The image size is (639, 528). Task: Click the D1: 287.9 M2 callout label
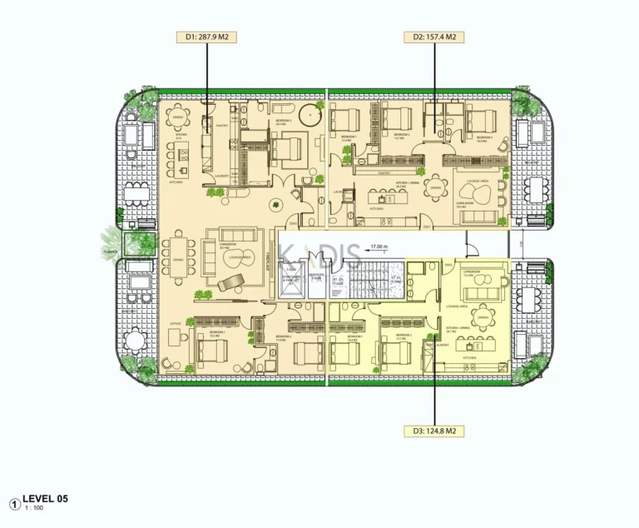coord(206,37)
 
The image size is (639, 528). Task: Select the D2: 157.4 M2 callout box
coord(433,37)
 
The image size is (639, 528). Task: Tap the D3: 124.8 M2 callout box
coord(433,431)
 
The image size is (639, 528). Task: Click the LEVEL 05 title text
coord(45,498)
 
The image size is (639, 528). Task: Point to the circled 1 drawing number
coord(14,503)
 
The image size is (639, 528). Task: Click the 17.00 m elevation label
coord(380,247)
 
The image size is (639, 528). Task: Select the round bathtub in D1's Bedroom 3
coord(314,113)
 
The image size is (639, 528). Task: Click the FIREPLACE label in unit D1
coord(268,262)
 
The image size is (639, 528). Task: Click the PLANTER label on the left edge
coord(109,249)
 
